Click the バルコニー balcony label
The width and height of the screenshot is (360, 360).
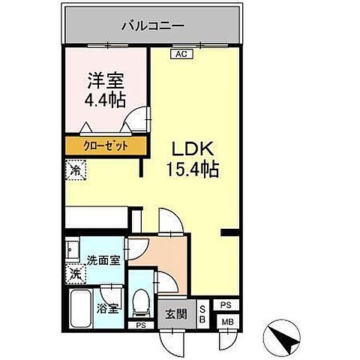(153, 26)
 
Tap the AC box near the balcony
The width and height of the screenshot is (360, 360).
(181, 55)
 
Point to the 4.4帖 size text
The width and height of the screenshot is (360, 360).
(104, 99)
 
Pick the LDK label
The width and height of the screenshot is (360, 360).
(190, 148)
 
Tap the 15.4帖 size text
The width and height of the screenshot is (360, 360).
(191, 170)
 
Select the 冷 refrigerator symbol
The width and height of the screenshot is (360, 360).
(75, 170)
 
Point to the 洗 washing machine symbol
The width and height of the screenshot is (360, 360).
(75, 275)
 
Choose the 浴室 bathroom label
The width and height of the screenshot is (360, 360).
(106, 308)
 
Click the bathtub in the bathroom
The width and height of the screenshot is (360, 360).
(79, 310)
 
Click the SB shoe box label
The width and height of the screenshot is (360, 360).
(202, 313)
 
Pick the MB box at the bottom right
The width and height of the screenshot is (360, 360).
(225, 322)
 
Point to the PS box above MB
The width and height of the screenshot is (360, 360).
(225, 305)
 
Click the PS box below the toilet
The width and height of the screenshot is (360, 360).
(139, 325)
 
